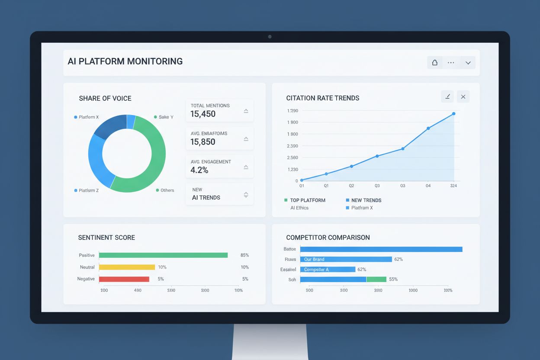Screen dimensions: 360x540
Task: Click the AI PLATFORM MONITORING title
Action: pos(125,61)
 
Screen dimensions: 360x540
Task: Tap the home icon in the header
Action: pos(435,63)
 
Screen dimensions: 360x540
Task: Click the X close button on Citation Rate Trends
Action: pos(463,97)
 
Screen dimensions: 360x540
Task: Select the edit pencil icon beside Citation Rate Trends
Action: pos(447,97)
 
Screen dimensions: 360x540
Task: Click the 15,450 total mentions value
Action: pos(203,114)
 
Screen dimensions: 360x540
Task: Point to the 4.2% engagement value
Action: pos(199,170)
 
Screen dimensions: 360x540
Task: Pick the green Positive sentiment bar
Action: pos(163,255)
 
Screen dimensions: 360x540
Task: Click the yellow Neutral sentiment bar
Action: pos(127,267)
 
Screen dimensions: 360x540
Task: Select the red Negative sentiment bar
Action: pos(124,279)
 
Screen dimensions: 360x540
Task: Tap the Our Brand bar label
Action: pos(314,259)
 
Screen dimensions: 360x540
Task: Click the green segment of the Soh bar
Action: pos(376,280)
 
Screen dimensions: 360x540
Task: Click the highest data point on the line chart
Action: pos(453,114)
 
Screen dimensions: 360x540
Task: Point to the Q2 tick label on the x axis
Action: pos(351,186)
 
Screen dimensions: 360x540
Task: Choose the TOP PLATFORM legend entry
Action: pos(307,200)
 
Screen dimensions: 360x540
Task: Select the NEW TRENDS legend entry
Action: pos(366,200)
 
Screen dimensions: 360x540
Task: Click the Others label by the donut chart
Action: pos(167,190)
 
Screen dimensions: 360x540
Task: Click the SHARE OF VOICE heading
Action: pos(105,99)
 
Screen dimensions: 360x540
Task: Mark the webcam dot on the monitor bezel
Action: pos(270,37)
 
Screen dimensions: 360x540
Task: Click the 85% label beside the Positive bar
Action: pos(244,255)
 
